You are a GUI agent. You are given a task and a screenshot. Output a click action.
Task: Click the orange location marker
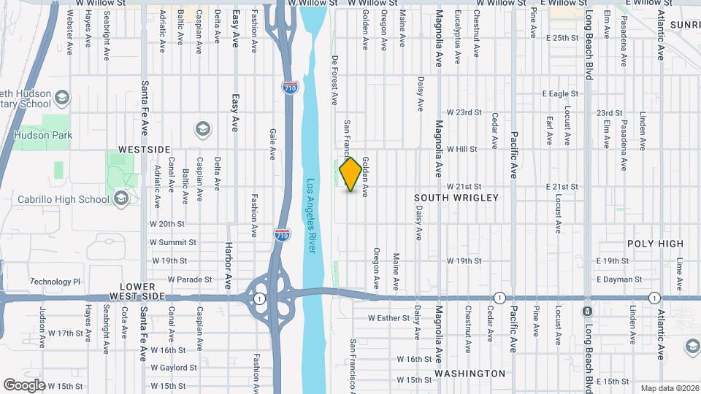[351, 174]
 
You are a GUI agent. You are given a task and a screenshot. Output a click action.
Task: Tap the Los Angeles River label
[312, 216]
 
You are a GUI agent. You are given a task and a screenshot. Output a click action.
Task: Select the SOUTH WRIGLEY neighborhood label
[456, 198]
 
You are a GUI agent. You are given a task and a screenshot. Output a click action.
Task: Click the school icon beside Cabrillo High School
[120, 198]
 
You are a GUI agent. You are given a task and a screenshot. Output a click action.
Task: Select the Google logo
[24, 385]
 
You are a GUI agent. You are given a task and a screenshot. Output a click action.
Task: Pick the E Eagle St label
[560, 93]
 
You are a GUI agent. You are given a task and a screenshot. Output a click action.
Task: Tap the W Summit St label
[173, 242]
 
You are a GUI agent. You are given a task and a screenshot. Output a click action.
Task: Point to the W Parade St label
[189, 279]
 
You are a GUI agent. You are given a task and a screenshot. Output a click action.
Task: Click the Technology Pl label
[55, 282]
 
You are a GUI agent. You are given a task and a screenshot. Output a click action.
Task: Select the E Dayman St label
[618, 279]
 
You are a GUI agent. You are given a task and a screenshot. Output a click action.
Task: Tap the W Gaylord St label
[174, 368]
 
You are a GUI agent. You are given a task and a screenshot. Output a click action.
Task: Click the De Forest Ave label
[336, 79]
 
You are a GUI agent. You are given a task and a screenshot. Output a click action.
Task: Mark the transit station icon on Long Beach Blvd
[587, 312]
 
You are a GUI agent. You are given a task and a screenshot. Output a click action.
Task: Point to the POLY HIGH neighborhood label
[655, 244]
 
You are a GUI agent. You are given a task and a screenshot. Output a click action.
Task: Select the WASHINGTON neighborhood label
[470, 374]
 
